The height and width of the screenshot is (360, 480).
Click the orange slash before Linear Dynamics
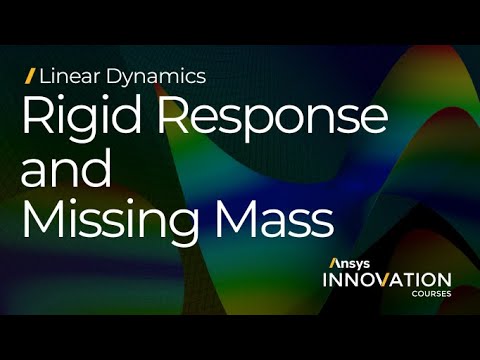tap(30, 75)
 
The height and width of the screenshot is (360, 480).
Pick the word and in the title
tap(65, 170)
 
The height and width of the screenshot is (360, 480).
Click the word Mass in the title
tap(284, 217)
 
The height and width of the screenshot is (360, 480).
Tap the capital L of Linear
tap(43, 75)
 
